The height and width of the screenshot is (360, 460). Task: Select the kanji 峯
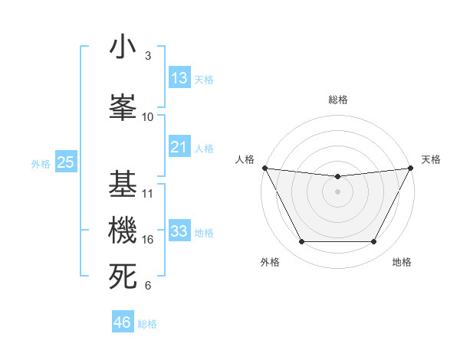coord(123,106)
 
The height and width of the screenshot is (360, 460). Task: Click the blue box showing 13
coord(179,78)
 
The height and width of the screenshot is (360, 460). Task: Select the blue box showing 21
coord(179,147)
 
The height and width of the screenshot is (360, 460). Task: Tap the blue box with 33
coord(179,231)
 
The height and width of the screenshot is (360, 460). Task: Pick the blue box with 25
coord(65,162)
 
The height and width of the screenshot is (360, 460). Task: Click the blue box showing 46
coord(123,322)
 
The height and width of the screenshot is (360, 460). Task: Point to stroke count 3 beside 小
coord(148,56)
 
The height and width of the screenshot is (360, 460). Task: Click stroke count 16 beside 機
coord(148,240)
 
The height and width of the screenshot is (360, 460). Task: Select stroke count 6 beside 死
coord(148,286)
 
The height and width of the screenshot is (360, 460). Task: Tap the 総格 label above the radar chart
coord(337,100)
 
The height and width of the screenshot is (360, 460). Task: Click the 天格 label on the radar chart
coord(431,159)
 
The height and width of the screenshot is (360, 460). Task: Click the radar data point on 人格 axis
coord(264,168)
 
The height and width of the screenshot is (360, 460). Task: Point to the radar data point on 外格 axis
coord(301,242)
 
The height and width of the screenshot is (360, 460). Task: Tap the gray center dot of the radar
coord(337,191)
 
